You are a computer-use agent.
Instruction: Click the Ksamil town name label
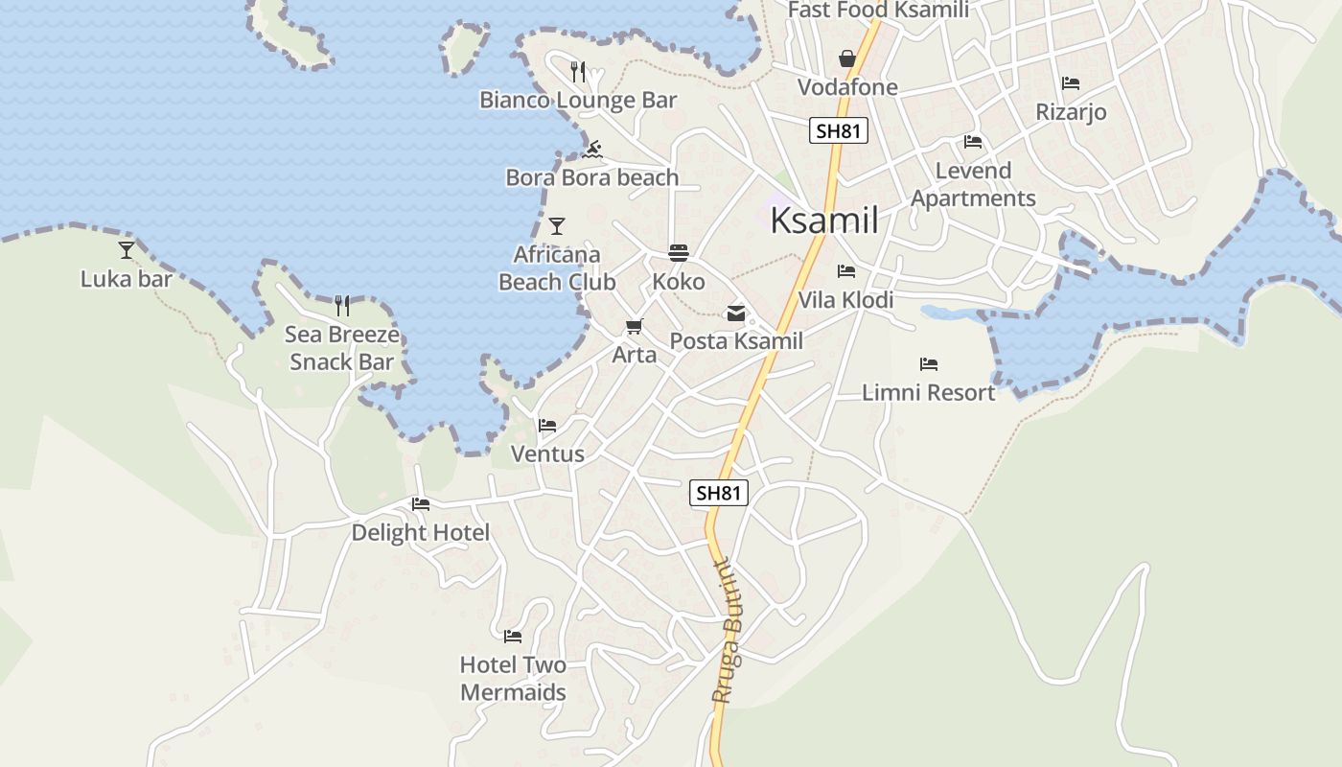[x=824, y=221]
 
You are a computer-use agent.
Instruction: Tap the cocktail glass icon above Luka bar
[x=127, y=250]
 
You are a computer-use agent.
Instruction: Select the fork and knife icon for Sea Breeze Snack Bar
[x=342, y=306]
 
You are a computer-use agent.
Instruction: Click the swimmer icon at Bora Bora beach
[x=592, y=150]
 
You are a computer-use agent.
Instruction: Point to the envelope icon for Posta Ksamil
[x=736, y=314]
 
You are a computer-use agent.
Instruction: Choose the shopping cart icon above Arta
[x=634, y=327]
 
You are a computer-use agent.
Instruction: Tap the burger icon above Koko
[x=679, y=253]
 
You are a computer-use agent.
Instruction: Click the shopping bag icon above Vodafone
[x=847, y=59]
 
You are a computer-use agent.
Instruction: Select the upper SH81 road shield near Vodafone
[x=839, y=130]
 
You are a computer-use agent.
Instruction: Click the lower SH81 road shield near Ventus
[x=719, y=493]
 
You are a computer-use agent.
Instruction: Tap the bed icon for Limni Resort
[x=928, y=364]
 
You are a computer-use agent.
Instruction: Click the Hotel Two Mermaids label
[x=513, y=678]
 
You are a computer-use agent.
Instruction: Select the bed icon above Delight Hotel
[x=420, y=504]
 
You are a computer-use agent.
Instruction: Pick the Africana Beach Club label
[x=557, y=268]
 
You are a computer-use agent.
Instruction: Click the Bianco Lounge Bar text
[x=578, y=100]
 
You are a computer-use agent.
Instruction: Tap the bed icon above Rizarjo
[x=1071, y=83]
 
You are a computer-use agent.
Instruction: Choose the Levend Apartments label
[x=973, y=184]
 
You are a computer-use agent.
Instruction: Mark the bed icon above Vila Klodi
[x=845, y=271]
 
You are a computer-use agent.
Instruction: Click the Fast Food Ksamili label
[x=878, y=11]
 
